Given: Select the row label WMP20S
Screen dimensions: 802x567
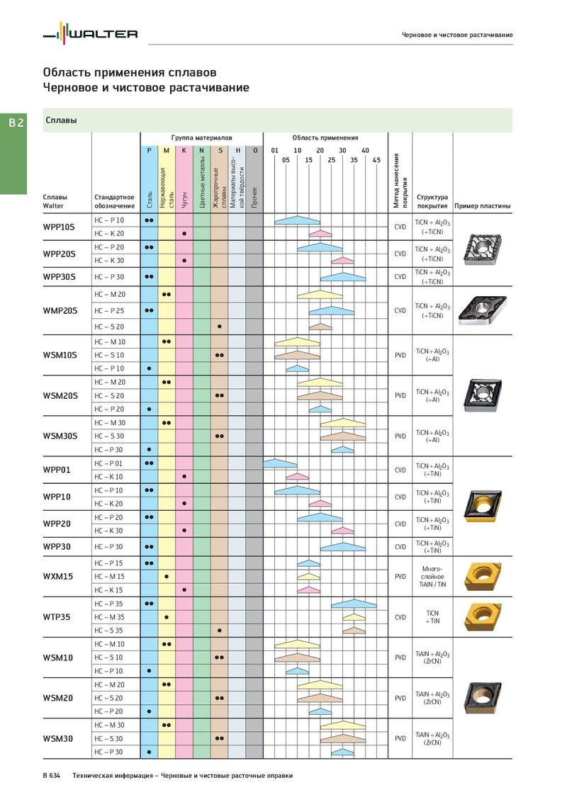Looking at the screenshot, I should click(60, 310).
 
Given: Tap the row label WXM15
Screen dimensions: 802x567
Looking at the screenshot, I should click(57, 577).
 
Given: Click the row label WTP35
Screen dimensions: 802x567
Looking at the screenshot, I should click(57, 617).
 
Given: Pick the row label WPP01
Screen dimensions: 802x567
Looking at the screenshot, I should click(57, 470).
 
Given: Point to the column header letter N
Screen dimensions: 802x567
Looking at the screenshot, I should click(201, 150).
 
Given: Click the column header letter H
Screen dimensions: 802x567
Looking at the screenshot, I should click(237, 150).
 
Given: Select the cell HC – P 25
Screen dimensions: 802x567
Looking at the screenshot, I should click(109, 310).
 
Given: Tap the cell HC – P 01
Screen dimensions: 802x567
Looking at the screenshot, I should click(108, 463).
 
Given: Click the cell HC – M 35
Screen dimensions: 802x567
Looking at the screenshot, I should click(109, 617).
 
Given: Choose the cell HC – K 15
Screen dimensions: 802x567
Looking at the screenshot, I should click(108, 590).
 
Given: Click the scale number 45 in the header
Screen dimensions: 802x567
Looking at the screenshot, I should click(376, 159).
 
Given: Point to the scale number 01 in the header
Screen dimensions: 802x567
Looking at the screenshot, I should click(275, 150).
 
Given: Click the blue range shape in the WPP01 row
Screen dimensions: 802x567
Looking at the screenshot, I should click(280, 463).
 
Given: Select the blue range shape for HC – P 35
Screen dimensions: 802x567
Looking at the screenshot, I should click(354, 604).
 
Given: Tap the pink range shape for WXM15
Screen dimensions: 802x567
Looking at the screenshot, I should click(309, 590).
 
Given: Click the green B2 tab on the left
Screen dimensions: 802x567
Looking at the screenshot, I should click(16, 123).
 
